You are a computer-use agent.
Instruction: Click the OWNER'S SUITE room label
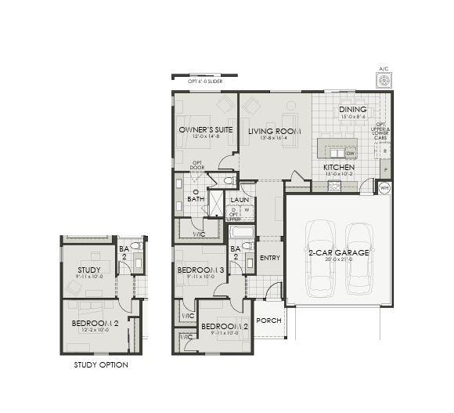[x=203, y=129]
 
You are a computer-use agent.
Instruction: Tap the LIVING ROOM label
[x=268, y=131]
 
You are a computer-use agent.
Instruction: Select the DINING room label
[x=353, y=110]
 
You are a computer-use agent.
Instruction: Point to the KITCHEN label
[x=339, y=167]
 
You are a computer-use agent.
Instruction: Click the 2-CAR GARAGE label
[x=339, y=252]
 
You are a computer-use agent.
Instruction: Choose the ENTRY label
[x=269, y=258]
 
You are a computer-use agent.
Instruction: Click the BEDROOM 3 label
[x=200, y=270]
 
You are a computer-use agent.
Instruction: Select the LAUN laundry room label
[x=239, y=200]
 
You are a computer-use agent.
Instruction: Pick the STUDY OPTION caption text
[x=101, y=365]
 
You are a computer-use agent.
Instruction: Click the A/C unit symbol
[x=384, y=79]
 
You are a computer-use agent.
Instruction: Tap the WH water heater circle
[x=384, y=188]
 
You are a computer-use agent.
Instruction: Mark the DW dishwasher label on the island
[x=351, y=153]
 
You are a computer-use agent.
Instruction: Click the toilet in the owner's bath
[x=229, y=181]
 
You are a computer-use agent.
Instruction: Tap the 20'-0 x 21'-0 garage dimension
[x=339, y=261]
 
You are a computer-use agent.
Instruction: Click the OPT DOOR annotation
[x=198, y=165]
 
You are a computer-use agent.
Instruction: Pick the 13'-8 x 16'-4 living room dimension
[x=268, y=138]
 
